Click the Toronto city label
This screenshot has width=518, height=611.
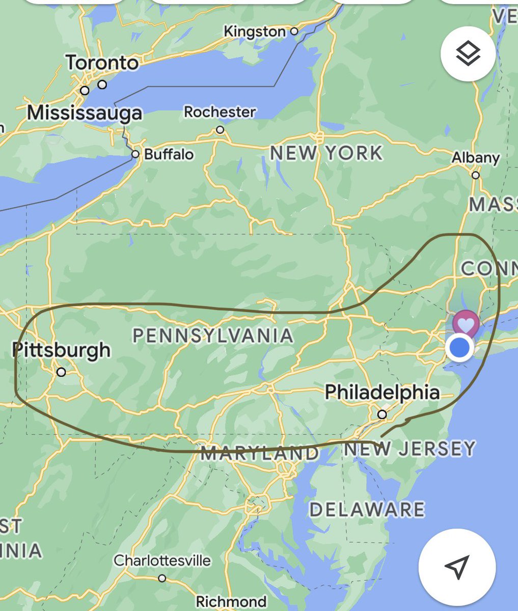(x=102, y=63)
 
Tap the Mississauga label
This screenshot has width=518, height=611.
(x=85, y=112)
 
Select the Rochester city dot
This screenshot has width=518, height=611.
(x=220, y=130)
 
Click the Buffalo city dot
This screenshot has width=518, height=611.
(x=135, y=154)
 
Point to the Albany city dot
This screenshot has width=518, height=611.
(x=475, y=175)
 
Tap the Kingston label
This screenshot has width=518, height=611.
(x=255, y=32)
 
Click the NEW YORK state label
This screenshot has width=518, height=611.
(x=326, y=153)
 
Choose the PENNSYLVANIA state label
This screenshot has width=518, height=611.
(x=213, y=335)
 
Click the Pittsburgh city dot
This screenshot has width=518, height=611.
(x=61, y=372)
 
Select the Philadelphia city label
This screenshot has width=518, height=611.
(x=382, y=392)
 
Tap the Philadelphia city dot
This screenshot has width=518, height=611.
(x=382, y=415)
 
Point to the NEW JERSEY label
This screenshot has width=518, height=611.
(x=410, y=449)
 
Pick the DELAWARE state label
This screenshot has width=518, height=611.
(x=367, y=510)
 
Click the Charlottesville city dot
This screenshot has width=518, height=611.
(x=162, y=578)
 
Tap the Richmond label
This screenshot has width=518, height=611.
(x=231, y=602)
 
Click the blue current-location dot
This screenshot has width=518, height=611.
(x=460, y=348)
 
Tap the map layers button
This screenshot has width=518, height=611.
(x=468, y=53)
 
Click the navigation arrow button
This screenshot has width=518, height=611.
(x=457, y=567)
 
